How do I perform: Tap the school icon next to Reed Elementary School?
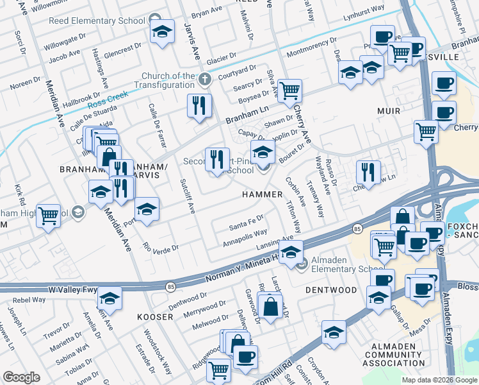point(163,31)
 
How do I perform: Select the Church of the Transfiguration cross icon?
point(204,80)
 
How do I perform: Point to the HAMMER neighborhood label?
point(262,194)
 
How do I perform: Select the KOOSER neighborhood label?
point(155,317)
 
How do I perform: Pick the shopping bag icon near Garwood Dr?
point(270,305)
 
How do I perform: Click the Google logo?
point(21,377)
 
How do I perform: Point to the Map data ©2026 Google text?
point(439,380)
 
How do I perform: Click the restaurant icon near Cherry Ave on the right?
point(368,171)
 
